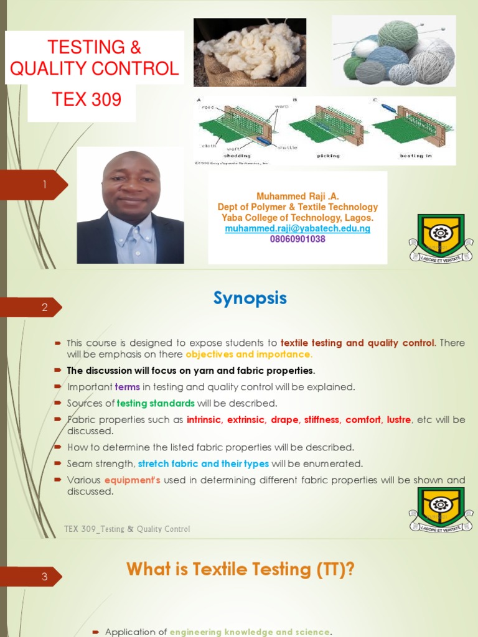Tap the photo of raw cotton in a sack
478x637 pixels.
click(x=250, y=52)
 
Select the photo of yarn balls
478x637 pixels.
click(x=393, y=50)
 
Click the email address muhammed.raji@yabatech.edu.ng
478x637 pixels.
click(x=298, y=228)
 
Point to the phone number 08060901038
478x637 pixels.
click(x=298, y=239)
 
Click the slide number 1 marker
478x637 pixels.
click(x=45, y=185)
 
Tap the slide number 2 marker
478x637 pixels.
click(x=45, y=307)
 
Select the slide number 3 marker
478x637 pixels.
click(x=45, y=577)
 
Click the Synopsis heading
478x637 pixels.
click(x=250, y=299)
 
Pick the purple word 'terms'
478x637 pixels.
click(x=128, y=387)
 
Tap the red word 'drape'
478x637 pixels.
click(x=284, y=420)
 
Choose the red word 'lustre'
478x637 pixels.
click(x=398, y=420)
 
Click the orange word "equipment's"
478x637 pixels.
click(x=133, y=480)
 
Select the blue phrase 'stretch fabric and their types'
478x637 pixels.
click(x=203, y=463)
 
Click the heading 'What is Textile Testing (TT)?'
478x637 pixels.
click(x=240, y=569)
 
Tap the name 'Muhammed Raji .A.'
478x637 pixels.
click(x=298, y=197)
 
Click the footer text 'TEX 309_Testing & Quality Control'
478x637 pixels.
click(x=127, y=529)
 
